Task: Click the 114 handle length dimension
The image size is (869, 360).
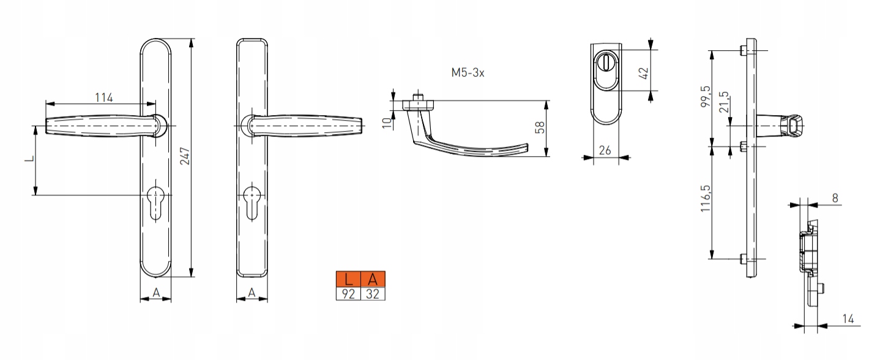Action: click(x=104, y=97)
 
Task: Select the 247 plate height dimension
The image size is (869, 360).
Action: click(x=185, y=156)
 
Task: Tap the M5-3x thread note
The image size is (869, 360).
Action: click(x=468, y=72)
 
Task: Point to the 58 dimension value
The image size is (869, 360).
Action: click(x=540, y=127)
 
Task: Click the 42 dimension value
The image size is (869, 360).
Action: click(x=643, y=73)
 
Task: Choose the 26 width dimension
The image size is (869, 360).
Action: click(x=605, y=150)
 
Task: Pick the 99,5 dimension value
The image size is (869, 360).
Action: click(x=706, y=96)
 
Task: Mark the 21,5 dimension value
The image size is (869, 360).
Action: click(x=724, y=102)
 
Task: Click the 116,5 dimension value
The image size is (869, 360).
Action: click(x=706, y=198)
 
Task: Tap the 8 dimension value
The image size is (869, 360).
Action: click(x=835, y=198)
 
